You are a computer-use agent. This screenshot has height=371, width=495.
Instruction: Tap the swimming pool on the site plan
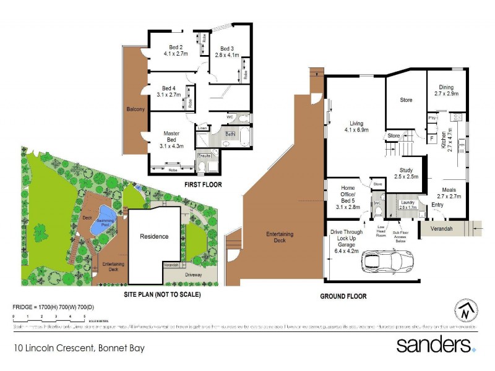[x=100, y=226]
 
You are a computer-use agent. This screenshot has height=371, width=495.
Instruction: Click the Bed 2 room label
[x=175, y=47]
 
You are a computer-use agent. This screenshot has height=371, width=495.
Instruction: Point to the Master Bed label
[x=171, y=134]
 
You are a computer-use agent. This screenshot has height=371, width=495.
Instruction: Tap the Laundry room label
[x=407, y=202]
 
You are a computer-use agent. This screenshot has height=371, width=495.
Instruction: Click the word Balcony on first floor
[x=136, y=109]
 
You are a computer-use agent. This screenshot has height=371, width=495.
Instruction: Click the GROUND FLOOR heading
[x=343, y=296]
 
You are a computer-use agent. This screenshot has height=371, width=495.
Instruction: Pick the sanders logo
[x=435, y=345]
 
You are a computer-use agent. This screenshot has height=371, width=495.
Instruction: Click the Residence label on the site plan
[x=154, y=236]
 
